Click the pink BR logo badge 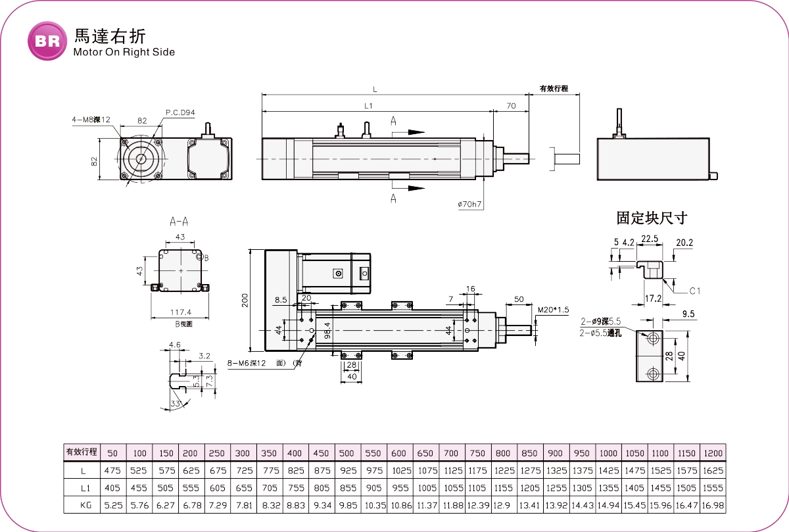click(x=47, y=41)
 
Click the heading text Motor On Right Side click(x=124, y=52)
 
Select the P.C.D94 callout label click(x=180, y=112)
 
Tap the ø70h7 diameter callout click(x=470, y=205)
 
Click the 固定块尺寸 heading click(x=652, y=218)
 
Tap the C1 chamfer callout click(x=695, y=291)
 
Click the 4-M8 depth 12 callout click(x=91, y=120)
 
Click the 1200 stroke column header click(x=713, y=453)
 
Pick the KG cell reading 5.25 click(x=112, y=505)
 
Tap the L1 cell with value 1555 click(x=713, y=488)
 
